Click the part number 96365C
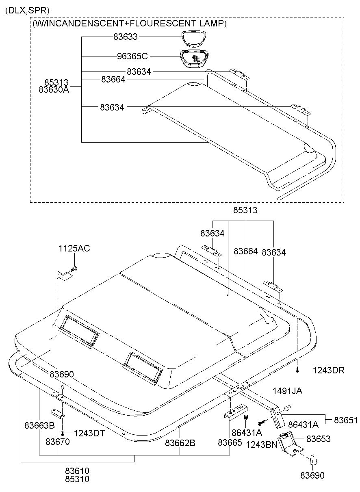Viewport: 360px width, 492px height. (132, 56)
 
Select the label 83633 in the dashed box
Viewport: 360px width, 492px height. (126, 37)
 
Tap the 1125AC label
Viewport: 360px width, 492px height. (74, 248)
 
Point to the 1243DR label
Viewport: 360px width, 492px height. (328, 370)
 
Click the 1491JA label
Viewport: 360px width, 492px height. (287, 391)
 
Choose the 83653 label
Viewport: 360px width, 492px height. (318, 439)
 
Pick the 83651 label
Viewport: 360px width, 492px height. (346, 420)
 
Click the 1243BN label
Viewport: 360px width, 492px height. (262, 444)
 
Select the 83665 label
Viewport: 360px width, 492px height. (230, 442)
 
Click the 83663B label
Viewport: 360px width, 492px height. (39, 425)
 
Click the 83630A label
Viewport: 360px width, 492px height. (54, 90)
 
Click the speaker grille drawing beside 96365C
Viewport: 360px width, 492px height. (194, 58)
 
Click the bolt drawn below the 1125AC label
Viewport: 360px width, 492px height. (74, 269)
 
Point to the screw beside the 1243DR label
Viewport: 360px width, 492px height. (297, 370)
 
